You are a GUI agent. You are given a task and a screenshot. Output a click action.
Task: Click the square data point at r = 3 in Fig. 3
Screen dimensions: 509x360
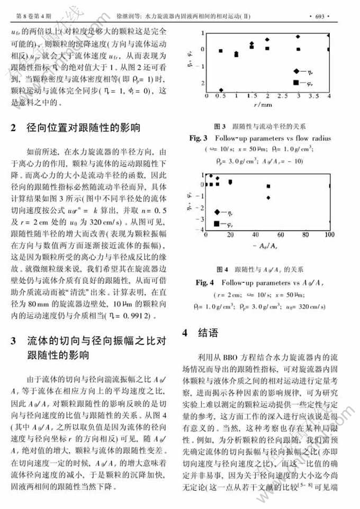coord(299,49)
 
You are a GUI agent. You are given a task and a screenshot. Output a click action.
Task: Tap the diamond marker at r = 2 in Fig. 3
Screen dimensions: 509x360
coord(268,40)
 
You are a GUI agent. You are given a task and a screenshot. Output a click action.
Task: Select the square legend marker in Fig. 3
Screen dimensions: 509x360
coord(295,82)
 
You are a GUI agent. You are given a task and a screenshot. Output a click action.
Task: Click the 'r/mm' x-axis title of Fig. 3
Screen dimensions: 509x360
coord(266,105)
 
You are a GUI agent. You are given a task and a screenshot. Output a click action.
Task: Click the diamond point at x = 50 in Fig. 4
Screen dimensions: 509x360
coord(268,198)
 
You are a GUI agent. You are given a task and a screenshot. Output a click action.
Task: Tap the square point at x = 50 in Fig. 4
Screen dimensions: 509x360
coord(268,186)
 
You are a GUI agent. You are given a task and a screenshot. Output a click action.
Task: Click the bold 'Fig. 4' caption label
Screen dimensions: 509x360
coord(204,282)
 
